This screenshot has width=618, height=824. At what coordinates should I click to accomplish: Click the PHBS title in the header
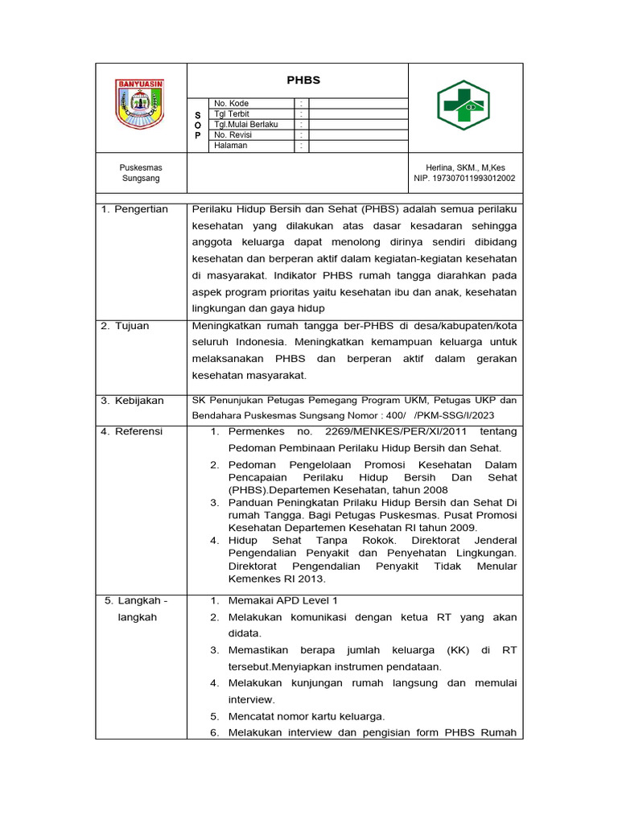(303, 80)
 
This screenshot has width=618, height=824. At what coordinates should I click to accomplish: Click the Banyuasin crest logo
(141, 105)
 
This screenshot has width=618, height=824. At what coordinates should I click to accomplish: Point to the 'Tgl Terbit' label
(232, 114)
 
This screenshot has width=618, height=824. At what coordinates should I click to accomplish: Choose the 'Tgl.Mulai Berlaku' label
(245, 125)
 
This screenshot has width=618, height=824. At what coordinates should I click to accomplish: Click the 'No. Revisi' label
(233, 135)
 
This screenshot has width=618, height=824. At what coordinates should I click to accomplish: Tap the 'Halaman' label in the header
(230, 146)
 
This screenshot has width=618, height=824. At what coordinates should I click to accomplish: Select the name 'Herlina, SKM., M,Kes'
(465, 167)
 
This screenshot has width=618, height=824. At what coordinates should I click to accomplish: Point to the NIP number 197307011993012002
(465, 179)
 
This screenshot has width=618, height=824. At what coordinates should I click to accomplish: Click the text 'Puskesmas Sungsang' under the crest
(141, 173)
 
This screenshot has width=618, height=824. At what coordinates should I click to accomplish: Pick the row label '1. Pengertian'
(134, 209)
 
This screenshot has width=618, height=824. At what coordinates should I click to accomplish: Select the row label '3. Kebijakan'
(132, 401)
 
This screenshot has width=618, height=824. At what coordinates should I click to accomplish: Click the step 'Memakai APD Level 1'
(283, 600)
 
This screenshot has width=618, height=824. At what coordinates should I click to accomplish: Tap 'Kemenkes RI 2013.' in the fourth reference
(277, 579)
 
